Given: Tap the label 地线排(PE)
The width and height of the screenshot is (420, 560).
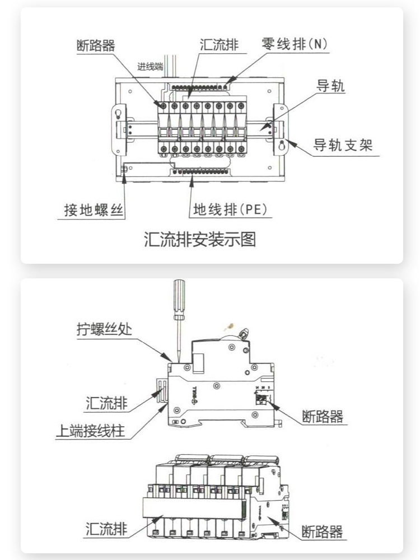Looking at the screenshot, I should pos(231,210).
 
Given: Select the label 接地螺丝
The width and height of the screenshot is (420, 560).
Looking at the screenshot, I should pos(93,211).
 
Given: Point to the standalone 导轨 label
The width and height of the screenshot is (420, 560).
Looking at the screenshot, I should pos(331,86).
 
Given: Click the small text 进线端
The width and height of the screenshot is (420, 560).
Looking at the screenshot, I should pos(150,66).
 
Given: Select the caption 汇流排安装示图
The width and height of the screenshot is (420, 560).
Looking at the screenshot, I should pos(200,240).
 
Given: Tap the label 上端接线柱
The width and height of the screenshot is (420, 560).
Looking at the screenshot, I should pos(90,432).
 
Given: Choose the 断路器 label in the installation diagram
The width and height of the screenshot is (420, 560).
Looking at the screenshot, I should pos(96,45).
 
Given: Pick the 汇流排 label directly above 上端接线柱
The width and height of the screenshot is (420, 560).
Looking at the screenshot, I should pos(106,403).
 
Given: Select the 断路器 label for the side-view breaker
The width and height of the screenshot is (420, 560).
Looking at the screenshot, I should pos(322,416).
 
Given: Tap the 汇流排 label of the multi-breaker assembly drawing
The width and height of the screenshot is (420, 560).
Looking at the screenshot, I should pos(106,529).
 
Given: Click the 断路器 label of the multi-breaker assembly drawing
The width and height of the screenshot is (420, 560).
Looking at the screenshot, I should pos(322,531).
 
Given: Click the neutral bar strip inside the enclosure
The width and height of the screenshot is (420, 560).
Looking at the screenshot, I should pos(202,87).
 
